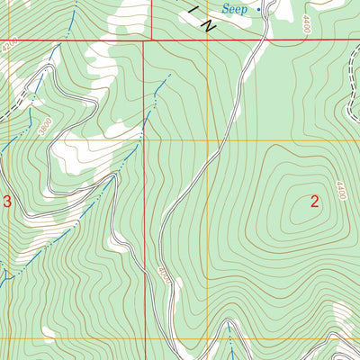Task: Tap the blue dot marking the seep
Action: tap(259, 9)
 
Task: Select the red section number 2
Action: tap(315, 202)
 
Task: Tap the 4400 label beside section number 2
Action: tap(340, 190)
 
